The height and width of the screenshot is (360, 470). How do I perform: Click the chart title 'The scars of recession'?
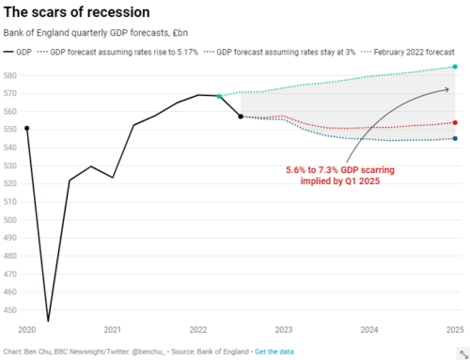tap(76, 12)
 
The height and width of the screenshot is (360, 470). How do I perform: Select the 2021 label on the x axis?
tap(113, 331)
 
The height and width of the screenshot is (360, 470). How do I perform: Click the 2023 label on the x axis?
tap(284, 331)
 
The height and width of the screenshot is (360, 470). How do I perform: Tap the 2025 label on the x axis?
tap(454, 331)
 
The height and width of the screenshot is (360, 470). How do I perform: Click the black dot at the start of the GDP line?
tap(27, 128)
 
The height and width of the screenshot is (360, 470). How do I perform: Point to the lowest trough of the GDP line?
tap(48, 321)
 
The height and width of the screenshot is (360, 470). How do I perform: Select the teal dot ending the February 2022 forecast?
tap(455, 67)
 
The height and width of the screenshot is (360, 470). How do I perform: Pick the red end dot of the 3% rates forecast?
tap(455, 122)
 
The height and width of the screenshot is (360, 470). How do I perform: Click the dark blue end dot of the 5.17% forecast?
tap(455, 139)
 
